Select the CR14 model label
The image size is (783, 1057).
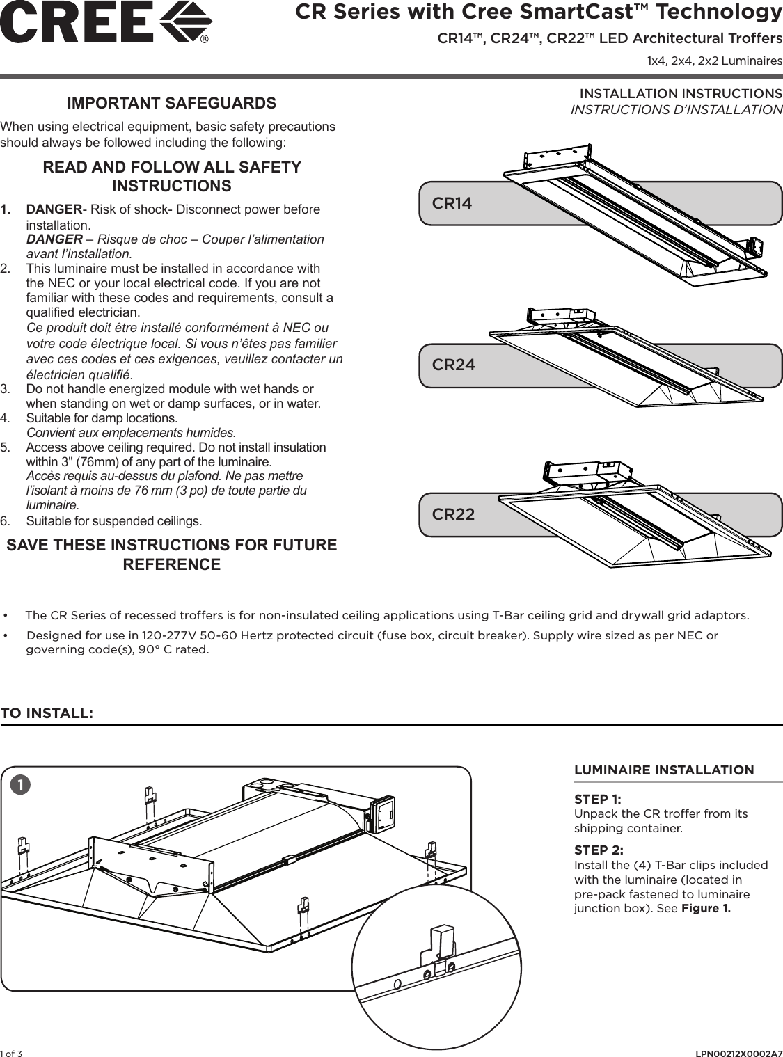452,203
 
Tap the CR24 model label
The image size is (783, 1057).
454,365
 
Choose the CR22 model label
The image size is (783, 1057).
454,514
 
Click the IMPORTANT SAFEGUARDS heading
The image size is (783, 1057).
171,103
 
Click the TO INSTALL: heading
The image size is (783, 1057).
47,713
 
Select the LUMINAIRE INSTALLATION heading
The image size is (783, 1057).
663,770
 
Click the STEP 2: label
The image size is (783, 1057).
599,850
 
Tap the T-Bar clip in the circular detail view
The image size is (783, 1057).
440,946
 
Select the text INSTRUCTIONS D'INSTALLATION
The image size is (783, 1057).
676,110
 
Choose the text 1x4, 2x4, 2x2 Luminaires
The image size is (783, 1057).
714,61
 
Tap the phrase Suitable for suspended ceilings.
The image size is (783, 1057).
114,521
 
